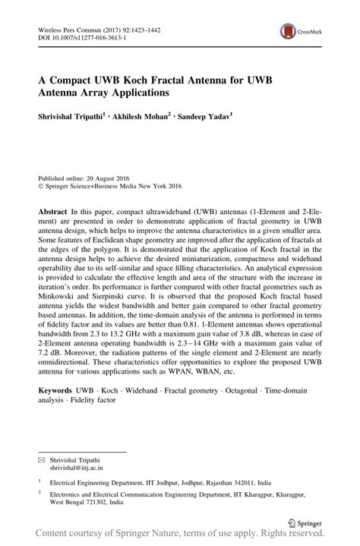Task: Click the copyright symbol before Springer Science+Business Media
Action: [x=41, y=183]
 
